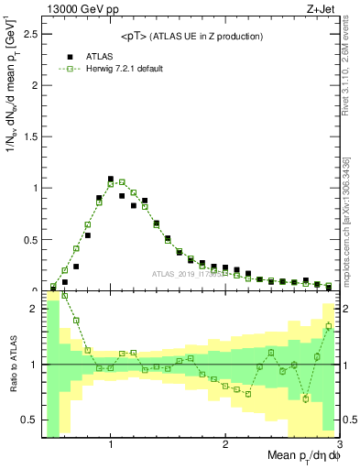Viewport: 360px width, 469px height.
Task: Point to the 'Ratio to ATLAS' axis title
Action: click(11, 365)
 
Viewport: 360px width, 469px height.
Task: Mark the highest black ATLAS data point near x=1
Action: click(111, 179)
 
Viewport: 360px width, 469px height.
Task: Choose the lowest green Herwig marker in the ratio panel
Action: click(306, 398)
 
